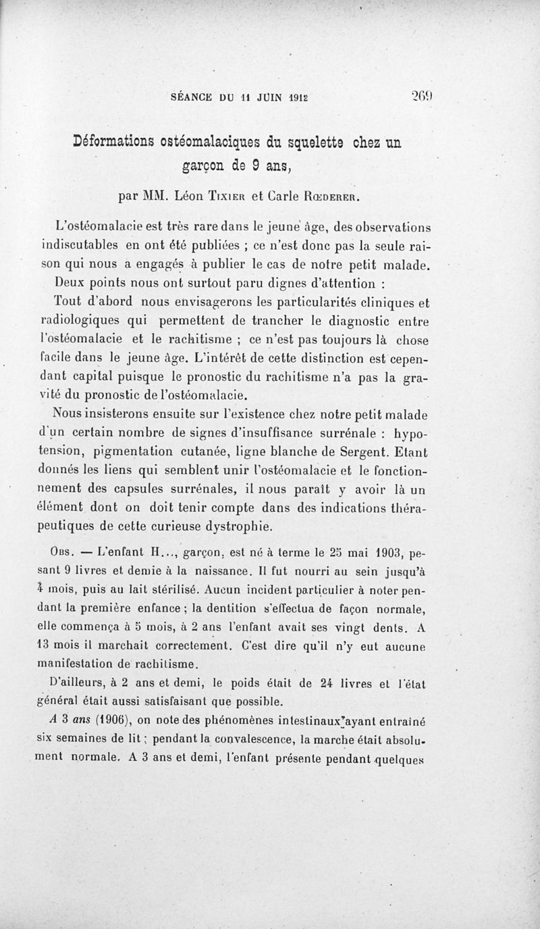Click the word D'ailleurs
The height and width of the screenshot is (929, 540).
pyautogui.click(x=76, y=681)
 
